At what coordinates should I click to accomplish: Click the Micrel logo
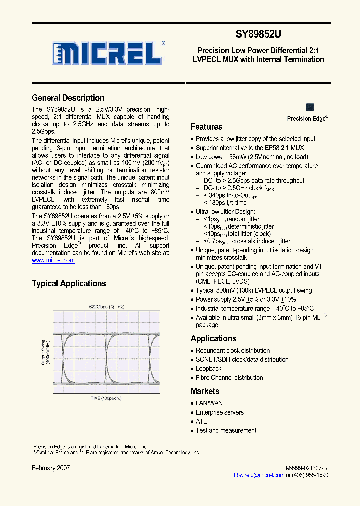tap(109, 53)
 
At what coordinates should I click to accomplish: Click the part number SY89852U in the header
tap(258, 35)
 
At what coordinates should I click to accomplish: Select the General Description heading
tap(68, 98)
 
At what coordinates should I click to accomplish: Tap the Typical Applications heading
tap(69, 283)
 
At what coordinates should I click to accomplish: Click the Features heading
tap(206, 127)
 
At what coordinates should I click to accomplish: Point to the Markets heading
tap(205, 391)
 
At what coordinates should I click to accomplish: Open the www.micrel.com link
tap(53, 260)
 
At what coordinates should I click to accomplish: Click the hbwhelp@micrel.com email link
tap(259, 475)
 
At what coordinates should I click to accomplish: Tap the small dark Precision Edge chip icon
tap(309, 107)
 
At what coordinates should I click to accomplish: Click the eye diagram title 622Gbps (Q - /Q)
tap(107, 306)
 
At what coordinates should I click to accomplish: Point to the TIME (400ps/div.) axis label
tap(106, 398)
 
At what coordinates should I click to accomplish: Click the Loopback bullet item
tap(208, 368)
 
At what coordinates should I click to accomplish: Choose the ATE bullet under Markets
tap(201, 421)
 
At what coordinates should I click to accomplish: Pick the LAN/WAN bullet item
tap(209, 403)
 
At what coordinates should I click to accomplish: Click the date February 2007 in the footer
tap(51, 468)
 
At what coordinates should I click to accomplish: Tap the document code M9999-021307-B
tap(306, 468)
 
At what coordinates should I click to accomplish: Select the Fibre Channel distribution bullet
tap(229, 377)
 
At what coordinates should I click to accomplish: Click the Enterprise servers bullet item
tap(220, 412)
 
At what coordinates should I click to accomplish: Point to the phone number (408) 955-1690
tap(311, 475)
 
